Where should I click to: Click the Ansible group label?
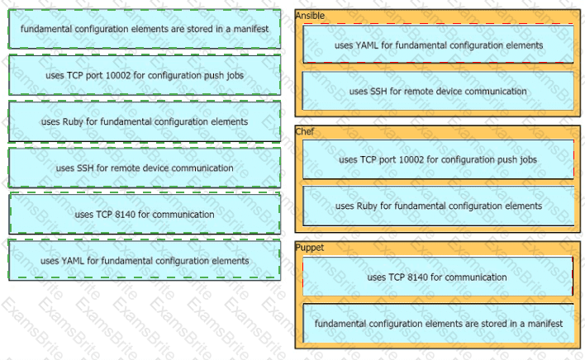pyautogui.click(x=310, y=16)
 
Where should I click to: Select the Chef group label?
pyautogui.click(x=305, y=131)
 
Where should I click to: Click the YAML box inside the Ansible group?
pyautogui.click(x=438, y=45)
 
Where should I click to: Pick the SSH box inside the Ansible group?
pyautogui.click(x=438, y=91)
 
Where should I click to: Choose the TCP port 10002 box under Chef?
pyautogui.click(x=438, y=159)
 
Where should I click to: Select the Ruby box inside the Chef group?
pyautogui.click(x=438, y=206)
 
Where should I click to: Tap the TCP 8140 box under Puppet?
pyautogui.click(x=438, y=277)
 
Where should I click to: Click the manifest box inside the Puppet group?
pyautogui.click(x=438, y=323)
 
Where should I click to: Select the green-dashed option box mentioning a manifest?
pyautogui.click(x=145, y=29)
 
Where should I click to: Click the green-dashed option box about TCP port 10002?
pyautogui.click(x=145, y=75)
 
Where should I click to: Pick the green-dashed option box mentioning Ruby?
pyautogui.click(x=145, y=121)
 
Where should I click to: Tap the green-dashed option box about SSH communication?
pyautogui.click(x=145, y=168)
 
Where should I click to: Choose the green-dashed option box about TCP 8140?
pyautogui.click(x=145, y=214)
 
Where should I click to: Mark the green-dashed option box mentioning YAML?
pyautogui.click(x=145, y=260)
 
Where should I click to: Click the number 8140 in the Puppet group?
pyautogui.click(x=425, y=277)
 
